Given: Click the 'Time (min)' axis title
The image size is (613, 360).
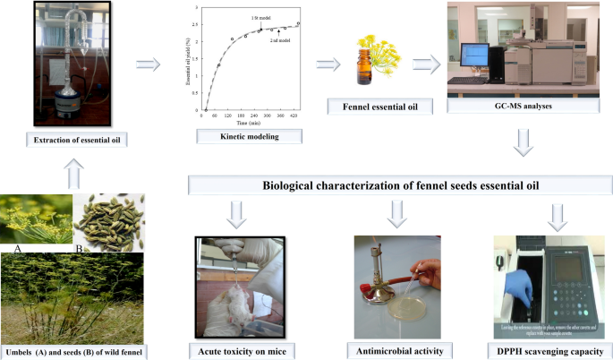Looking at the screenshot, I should coord(249,121).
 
